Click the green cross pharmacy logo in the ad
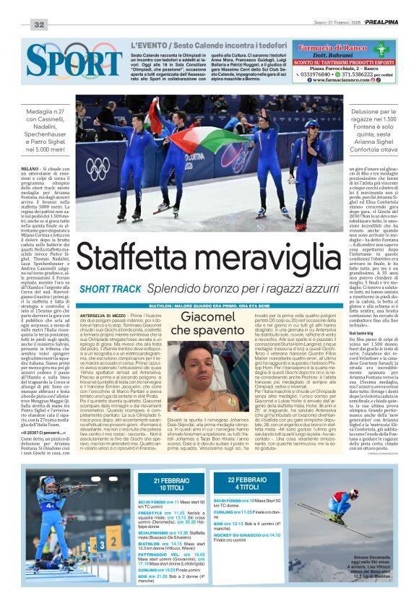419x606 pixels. [x=381, y=49]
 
